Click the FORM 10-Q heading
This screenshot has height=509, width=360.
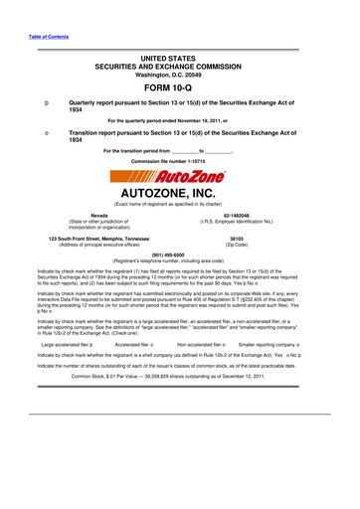[179, 84]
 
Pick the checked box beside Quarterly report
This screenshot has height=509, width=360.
[34, 103]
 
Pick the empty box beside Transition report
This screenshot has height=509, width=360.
[34, 130]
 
